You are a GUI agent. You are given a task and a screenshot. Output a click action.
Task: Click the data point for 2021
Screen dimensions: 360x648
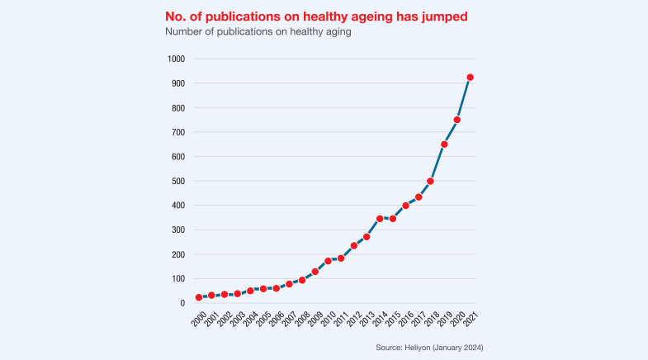[x=470, y=78]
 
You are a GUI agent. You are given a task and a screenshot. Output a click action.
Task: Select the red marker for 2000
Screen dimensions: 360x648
[x=198, y=297]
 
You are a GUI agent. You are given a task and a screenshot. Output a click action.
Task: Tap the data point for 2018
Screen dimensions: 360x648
[x=431, y=181]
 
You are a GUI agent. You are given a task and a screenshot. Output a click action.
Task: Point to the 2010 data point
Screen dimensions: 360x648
[x=328, y=261]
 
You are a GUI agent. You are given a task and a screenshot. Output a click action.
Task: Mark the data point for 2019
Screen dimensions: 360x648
[x=444, y=144]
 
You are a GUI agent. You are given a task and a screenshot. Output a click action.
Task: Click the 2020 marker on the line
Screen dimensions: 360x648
[x=456, y=120]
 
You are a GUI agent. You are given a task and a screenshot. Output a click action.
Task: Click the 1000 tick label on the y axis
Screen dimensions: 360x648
[x=176, y=59]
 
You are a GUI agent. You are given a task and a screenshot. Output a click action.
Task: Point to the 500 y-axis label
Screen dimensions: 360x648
[x=178, y=181]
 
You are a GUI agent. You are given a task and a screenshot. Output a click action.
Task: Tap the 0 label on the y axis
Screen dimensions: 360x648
[x=183, y=303]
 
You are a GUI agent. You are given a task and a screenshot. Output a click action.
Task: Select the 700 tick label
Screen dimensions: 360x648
[x=178, y=132]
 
